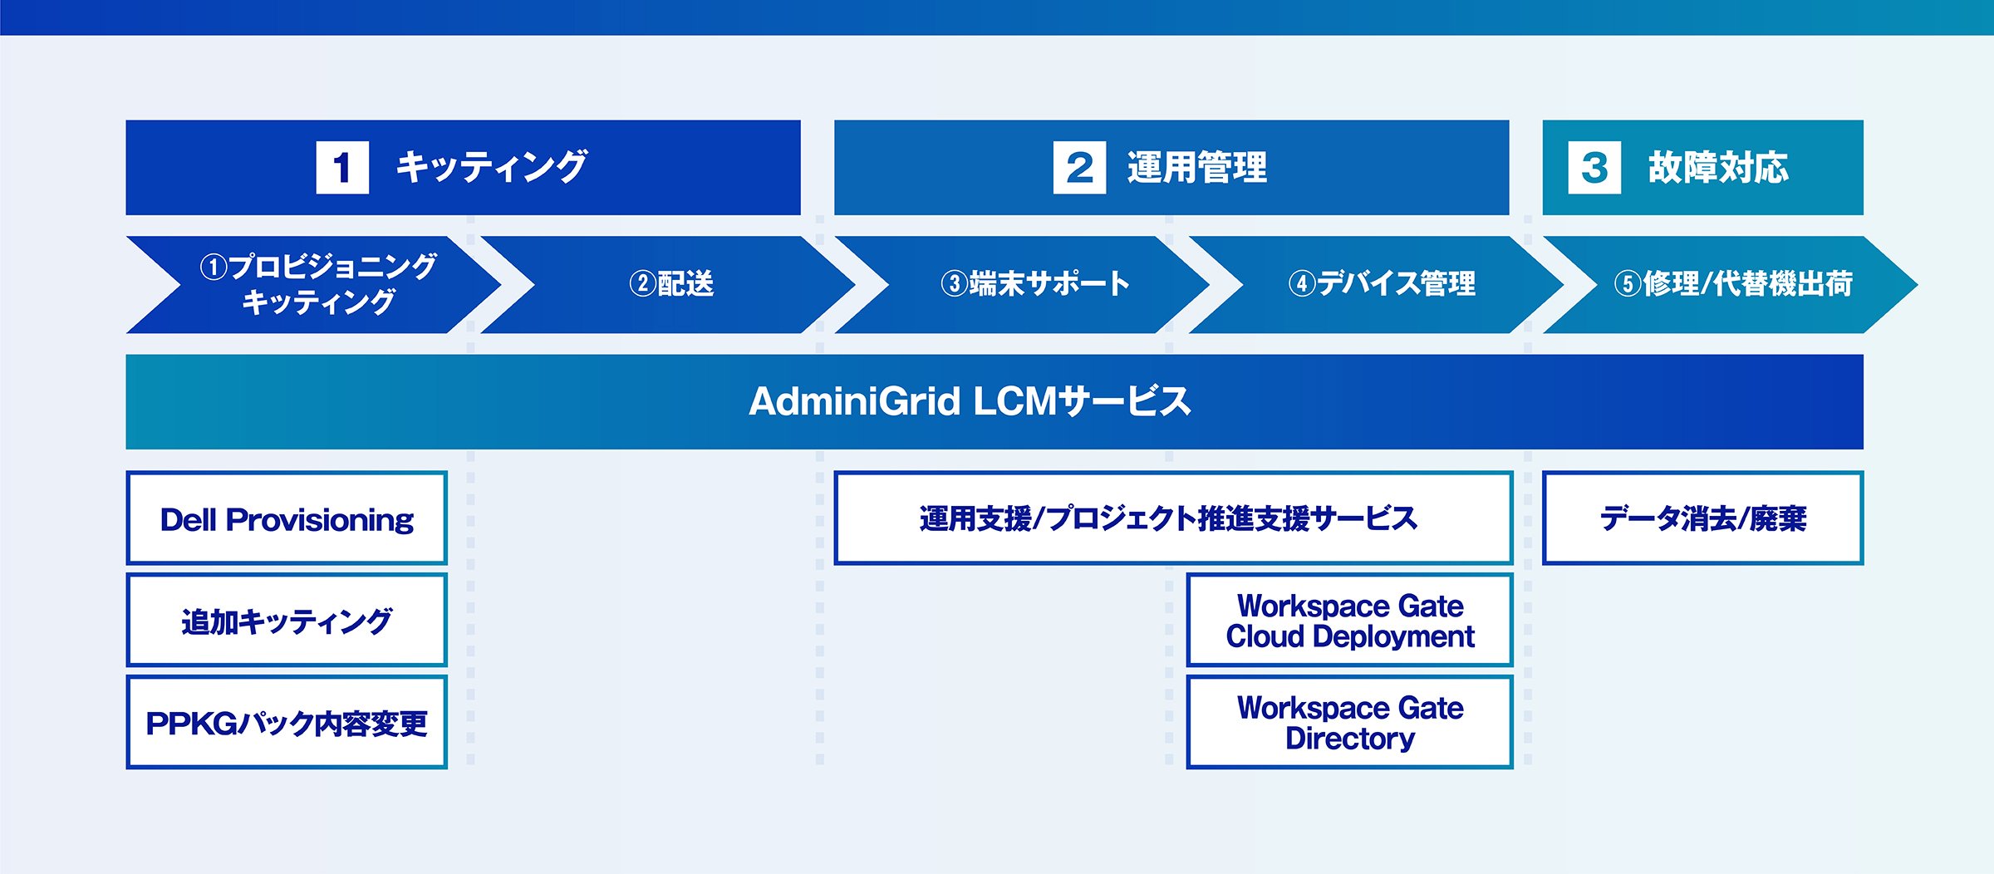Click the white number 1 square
point(342,167)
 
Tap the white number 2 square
point(1079,167)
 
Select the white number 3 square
point(1594,167)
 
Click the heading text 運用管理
point(1197,168)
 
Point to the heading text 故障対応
point(1718,168)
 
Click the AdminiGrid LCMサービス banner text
point(970,401)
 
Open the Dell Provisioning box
point(287,518)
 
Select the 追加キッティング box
point(287,620)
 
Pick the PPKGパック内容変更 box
point(287,722)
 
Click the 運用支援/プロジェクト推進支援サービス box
point(1173,518)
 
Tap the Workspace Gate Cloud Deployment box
point(1349,620)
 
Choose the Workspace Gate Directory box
point(1349,722)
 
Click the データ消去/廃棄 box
point(1703,518)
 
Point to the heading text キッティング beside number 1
point(492,167)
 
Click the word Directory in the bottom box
point(1350,739)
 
